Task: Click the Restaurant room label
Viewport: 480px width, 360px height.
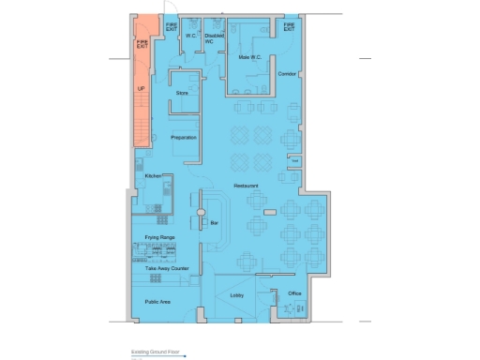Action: (247, 186)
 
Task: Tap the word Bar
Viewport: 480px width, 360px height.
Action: (215, 222)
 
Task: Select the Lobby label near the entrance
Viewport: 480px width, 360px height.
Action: (236, 295)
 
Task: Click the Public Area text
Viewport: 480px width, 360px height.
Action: (157, 302)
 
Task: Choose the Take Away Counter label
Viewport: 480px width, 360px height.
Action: (167, 268)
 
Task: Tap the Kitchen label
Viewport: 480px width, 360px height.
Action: (153, 175)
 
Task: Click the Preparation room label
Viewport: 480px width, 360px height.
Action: (183, 138)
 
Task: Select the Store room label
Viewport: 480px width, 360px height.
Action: (182, 93)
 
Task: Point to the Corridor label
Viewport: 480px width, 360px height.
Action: (288, 72)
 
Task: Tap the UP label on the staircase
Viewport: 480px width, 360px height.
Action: (141, 89)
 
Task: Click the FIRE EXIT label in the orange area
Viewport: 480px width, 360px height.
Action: (142, 43)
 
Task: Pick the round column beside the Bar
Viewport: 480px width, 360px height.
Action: (199, 221)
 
